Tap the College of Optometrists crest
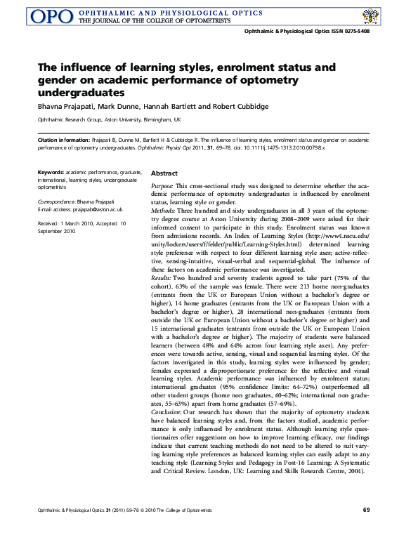pyautogui.click(x=370, y=16)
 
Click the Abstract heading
pyautogui.click(x=164, y=173)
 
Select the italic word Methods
pyautogui.click(x=164, y=210)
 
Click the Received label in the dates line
pyautogui.click(x=49, y=223)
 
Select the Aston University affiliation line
pyautogui.click(x=98, y=121)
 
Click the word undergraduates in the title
pyautogui.click(x=85, y=92)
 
